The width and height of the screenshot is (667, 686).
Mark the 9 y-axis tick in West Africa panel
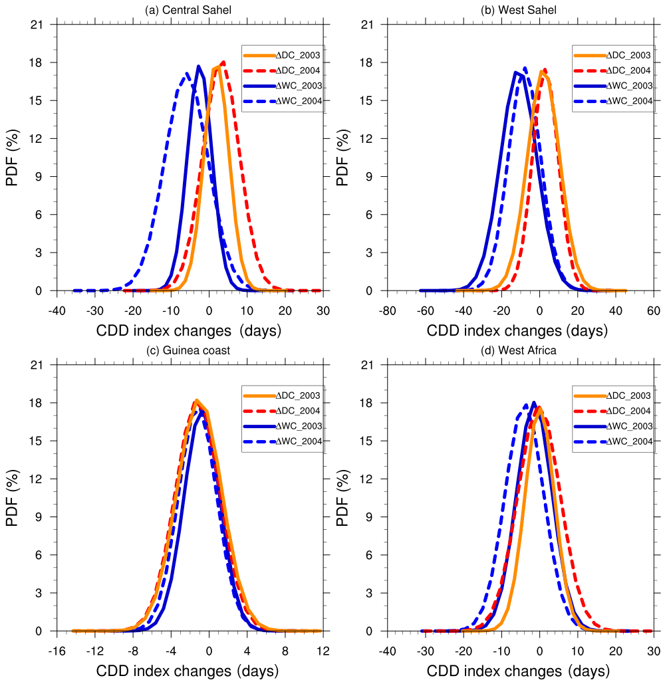(x=371, y=517)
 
